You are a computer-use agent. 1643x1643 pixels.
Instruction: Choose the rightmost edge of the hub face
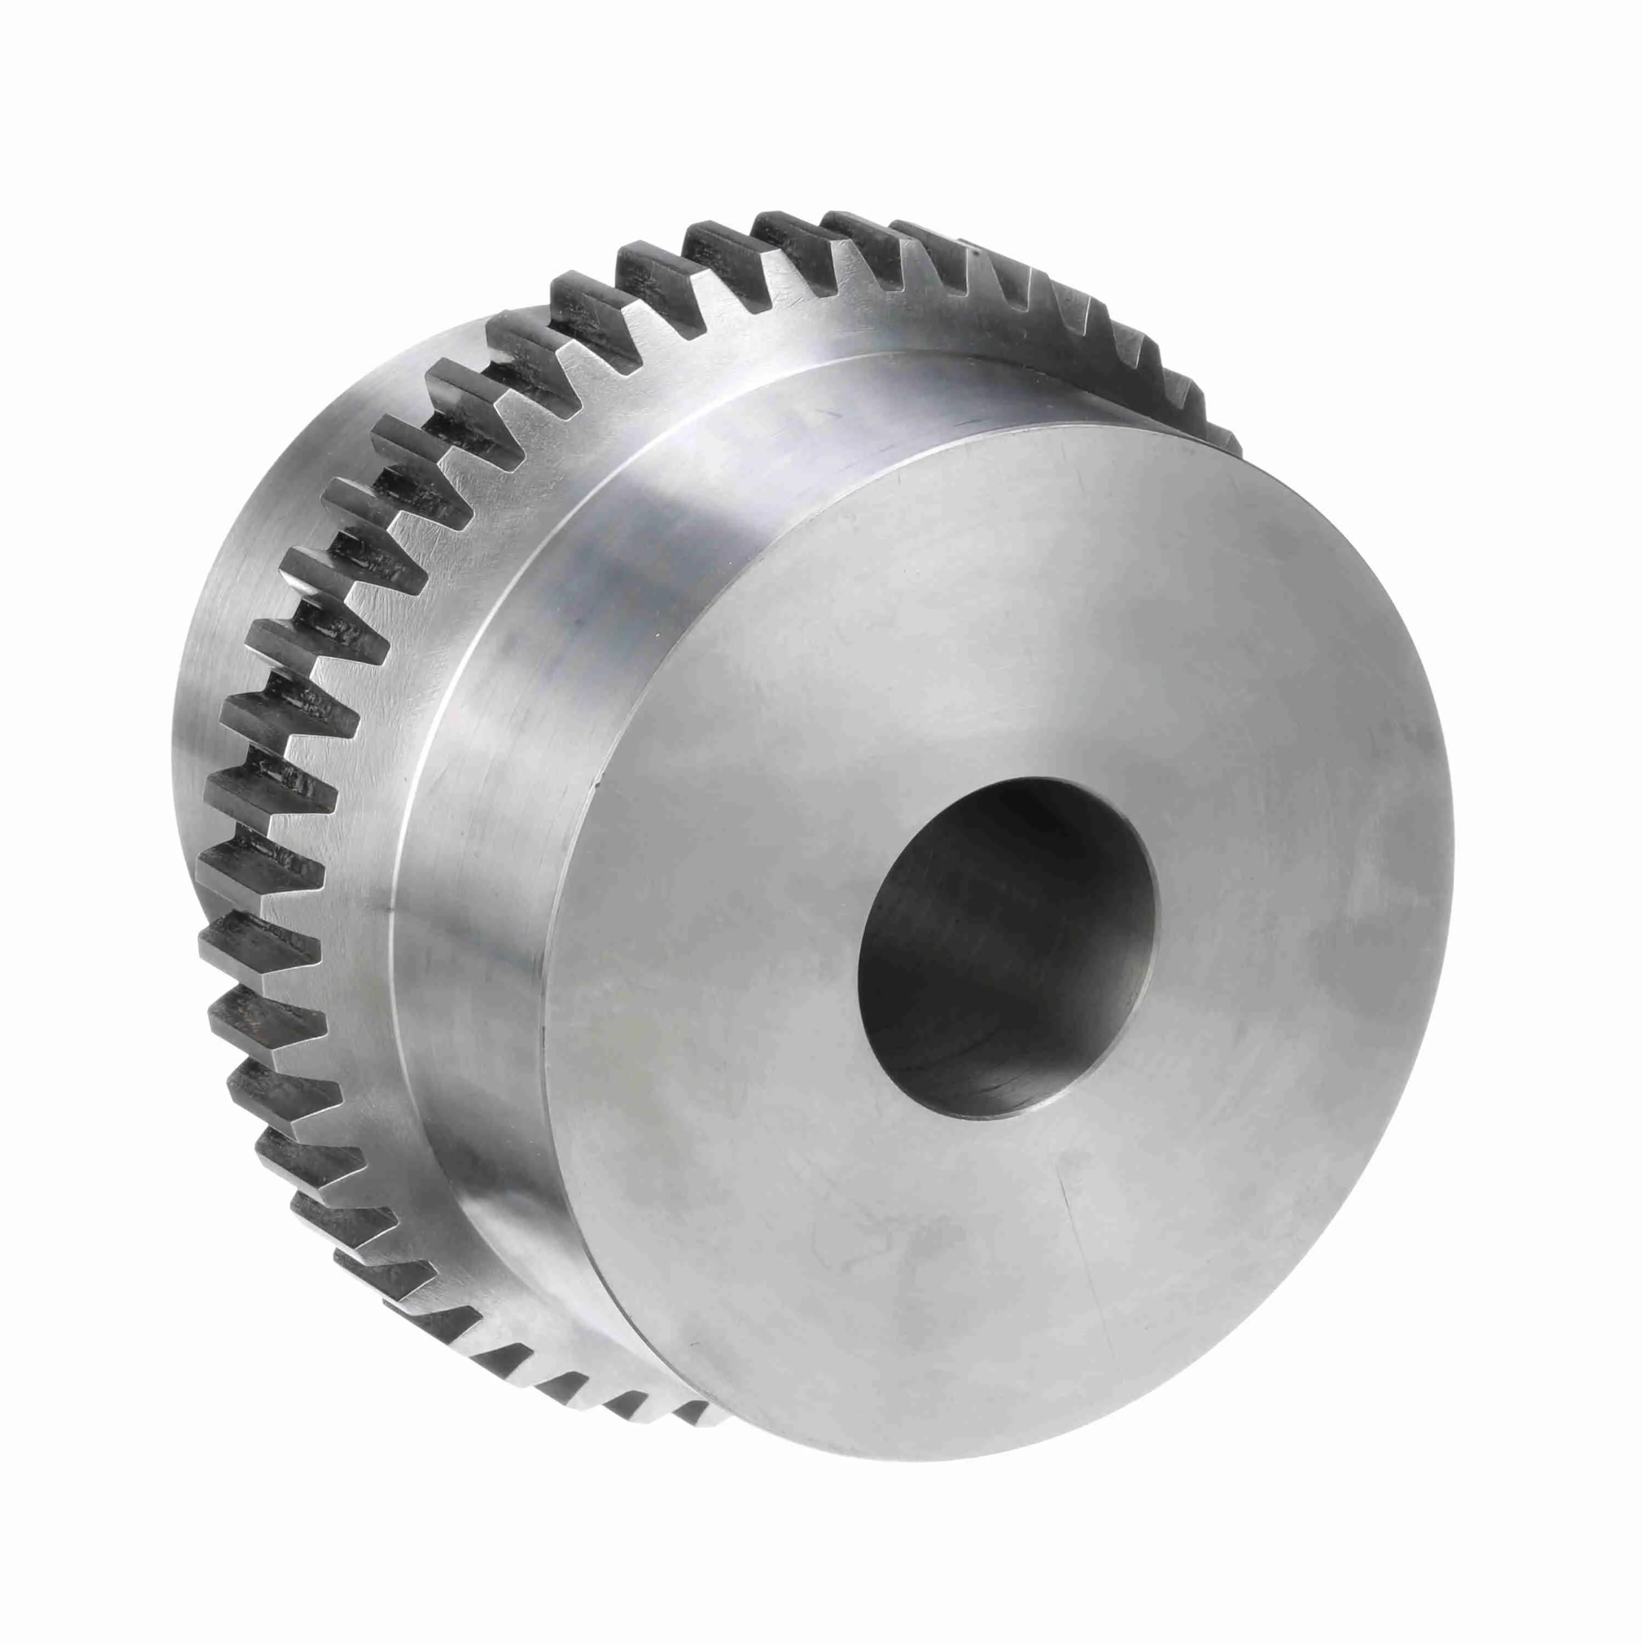[1454, 851]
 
